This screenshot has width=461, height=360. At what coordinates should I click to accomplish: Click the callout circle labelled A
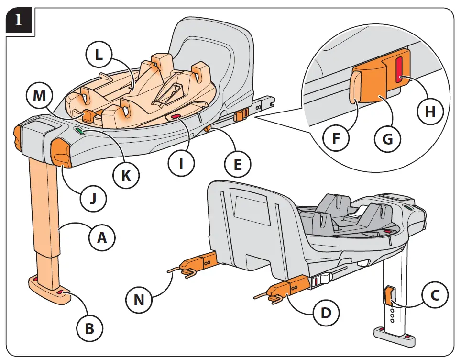point(102,237)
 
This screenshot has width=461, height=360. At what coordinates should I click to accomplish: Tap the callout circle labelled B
point(90,328)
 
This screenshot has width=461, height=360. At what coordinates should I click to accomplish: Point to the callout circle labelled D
point(325,314)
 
